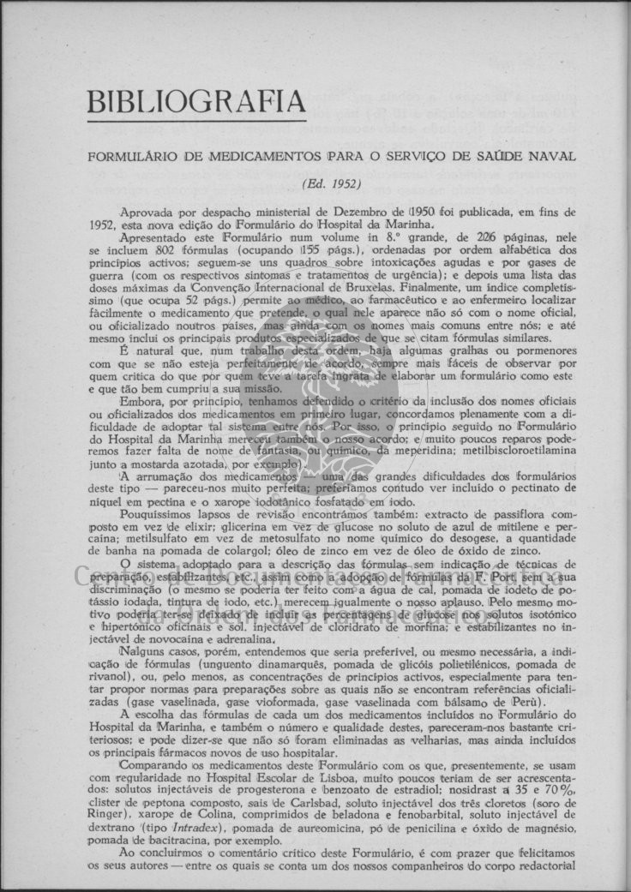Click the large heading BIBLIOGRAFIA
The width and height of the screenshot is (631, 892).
195,103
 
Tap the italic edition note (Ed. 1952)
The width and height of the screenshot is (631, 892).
331,183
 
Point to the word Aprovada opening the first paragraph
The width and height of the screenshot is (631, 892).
146,211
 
